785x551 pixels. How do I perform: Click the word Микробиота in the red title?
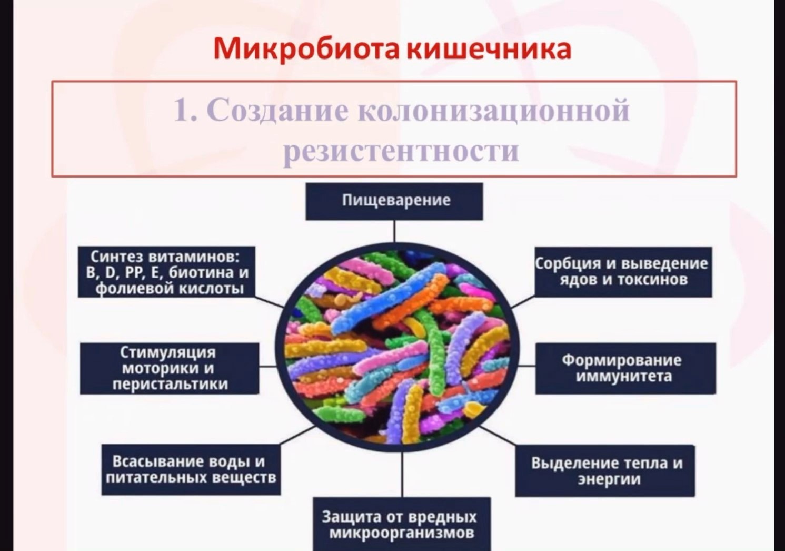[x=306, y=48]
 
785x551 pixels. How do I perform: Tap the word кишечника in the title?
[x=490, y=48]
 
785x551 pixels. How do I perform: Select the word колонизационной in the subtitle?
[x=493, y=111]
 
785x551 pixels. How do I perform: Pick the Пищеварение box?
[x=394, y=201]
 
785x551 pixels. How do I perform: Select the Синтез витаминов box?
[x=166, y=272]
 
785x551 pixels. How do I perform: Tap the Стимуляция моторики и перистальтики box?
[x=170, y=368]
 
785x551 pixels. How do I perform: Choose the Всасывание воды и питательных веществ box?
[x=191, y=470]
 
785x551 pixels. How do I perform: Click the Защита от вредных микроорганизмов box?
[x=402, y=524]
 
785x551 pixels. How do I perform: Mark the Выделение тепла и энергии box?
[x=605, y=471]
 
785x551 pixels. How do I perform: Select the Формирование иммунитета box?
[x=626, y=368]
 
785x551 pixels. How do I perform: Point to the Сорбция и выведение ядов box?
[x=623, y=272]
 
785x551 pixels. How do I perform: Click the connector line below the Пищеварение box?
[x=394, y=231]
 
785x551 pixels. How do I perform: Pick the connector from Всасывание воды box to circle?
[x=299, y=435]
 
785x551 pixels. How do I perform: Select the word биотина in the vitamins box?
[x=200, y=273]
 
